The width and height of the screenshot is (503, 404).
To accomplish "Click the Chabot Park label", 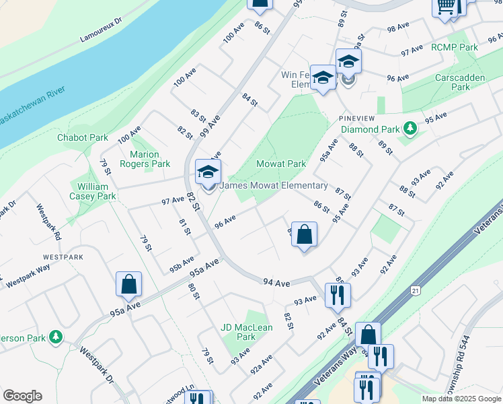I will pyautogui.click(x=83, y=137).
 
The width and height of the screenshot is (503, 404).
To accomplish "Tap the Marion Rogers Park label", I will pyautogui.click(x=145, y=159).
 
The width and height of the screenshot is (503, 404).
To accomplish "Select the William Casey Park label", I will pyautogui.click(x=96, y=191).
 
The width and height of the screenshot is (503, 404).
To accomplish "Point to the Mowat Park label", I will pyautogui.click(x=281, y=164).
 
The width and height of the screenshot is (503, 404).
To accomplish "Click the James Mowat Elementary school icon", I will pyautogui.click(x=208, y=172).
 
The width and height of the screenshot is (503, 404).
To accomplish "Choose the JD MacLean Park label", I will pyautogui.click(x=247, y=332).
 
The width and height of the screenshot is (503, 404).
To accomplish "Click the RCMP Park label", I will pyautogui.click(x=454, y=47).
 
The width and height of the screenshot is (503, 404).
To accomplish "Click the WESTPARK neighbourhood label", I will pyautogui.click(x=63, y=257).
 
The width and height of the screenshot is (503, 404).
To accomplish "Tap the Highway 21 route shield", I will pyautogui.click(x=414, y=290).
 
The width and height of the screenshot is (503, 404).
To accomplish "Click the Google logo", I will pyautogui.click(x=22, y=396).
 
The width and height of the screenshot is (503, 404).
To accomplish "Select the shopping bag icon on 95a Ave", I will pyautogui.click(x=128, y=285).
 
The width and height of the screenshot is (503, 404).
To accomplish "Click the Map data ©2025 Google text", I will pyautogui.click(x=461, y=399).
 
